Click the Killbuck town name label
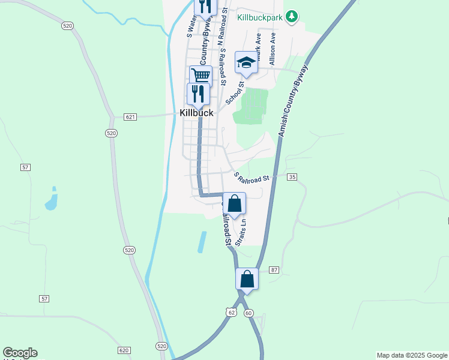pos(196,113)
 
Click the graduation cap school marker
pos(246,62)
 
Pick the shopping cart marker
pos(200,76)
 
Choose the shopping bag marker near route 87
pos(247,278)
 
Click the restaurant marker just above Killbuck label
pos(197,94)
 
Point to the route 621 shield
pos(130,116)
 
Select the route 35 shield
pos(292,177)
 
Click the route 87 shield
pos(274,271)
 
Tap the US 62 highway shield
pos(231,313)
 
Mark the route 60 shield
pos(249,313)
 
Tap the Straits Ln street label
pos(241,232)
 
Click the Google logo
pos(20,353)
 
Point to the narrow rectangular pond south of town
pos(202,242)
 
